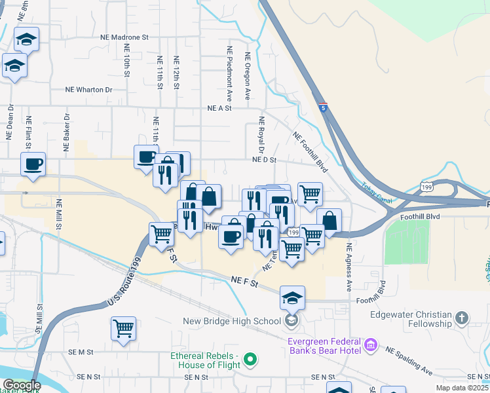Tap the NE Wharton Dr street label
(88, 90)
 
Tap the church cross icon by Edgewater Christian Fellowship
(462, 318)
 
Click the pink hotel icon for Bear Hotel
(370, 345)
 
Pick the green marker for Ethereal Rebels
(250, 358)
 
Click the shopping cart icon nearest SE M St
(123, 328)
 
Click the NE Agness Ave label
(349, 267)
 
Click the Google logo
(22, 385)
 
